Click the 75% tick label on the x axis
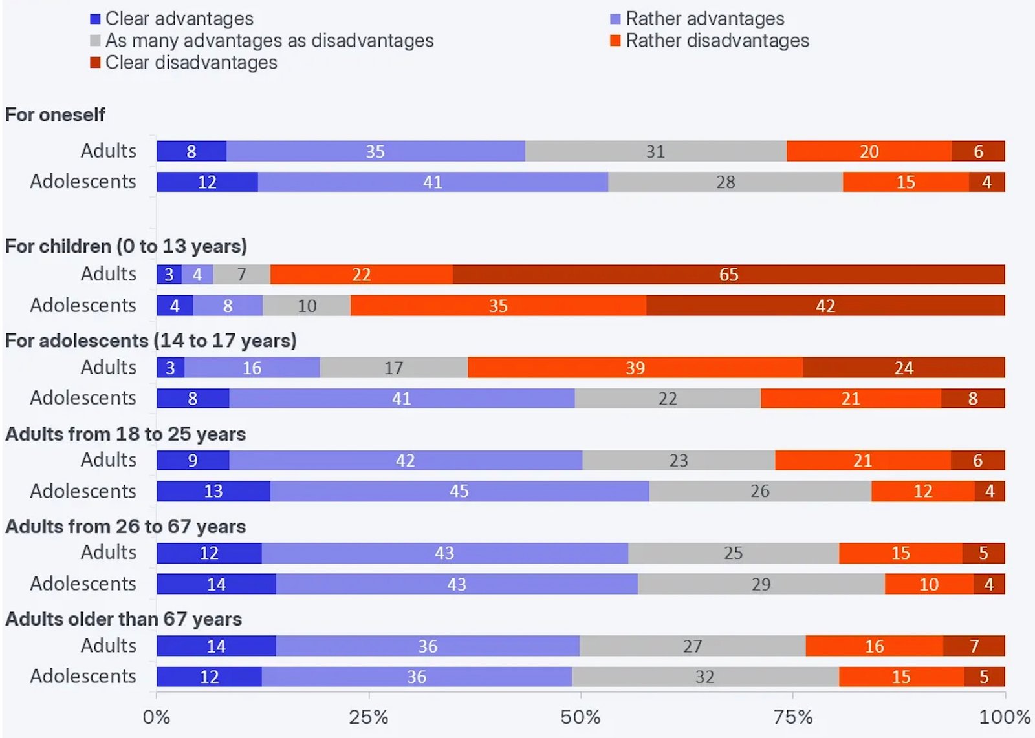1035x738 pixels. pos(793,717)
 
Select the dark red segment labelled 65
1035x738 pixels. pos(728,274)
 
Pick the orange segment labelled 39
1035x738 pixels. pos(635,367)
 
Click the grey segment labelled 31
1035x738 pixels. pos(655,151)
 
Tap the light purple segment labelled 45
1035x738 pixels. pos(459,491)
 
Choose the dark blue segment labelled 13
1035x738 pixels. pos(213,491)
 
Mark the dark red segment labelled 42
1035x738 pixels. pos(825,306)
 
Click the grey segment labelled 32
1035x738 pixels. pos(705,677)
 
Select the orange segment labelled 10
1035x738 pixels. pos(929,584)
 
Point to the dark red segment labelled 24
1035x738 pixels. pos(904,367)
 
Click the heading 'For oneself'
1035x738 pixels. pos(56,115)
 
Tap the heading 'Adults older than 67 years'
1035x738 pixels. pos(124,619)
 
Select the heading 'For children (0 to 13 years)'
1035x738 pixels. pos(126,246)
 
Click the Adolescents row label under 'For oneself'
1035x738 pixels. pos(83,182)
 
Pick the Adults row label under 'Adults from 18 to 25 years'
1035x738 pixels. pos(109,460)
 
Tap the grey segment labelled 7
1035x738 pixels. pos(241,274)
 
